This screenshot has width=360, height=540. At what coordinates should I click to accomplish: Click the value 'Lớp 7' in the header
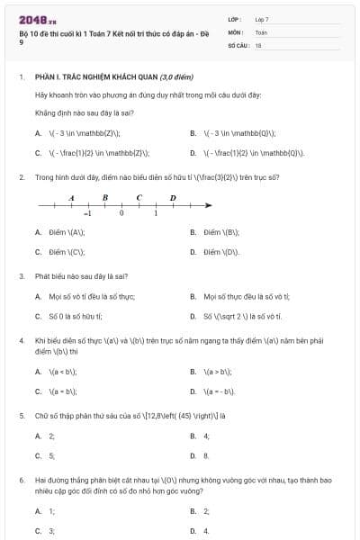point(262,18)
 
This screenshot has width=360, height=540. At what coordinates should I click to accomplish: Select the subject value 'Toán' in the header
point(261,31)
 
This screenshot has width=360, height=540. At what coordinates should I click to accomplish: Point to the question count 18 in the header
point(258,44)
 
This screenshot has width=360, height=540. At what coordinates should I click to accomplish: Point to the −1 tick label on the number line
point(87,214)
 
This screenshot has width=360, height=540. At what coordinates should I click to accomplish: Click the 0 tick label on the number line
point(121,214)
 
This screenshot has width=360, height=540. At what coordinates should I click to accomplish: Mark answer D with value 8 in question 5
point(206,455)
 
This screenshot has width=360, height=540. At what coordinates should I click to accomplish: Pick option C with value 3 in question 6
point(52,531)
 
